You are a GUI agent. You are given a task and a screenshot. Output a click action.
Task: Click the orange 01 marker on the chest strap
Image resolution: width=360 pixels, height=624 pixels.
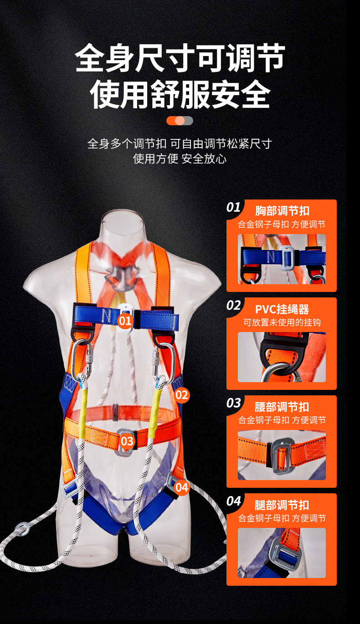(x=125, y=320)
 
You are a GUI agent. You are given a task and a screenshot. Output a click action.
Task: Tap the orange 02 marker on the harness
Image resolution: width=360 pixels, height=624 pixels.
(x=182, y=394)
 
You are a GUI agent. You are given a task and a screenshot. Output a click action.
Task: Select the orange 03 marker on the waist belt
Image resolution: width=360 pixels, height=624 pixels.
(x=127, y=440)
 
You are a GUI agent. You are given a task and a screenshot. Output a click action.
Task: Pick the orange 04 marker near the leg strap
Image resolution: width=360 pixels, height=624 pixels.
(x=181, y=487)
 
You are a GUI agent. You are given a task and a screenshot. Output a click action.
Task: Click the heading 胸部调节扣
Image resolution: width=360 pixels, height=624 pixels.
(x=282, y=211)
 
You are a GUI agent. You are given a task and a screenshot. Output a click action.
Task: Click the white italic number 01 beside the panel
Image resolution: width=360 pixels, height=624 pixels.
(x=233, y=208)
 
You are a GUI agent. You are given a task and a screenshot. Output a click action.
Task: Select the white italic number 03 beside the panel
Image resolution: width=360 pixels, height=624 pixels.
(x=233, y=403)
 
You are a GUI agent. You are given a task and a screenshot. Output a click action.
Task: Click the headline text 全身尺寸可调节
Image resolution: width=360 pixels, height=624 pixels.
(x=180, y=58)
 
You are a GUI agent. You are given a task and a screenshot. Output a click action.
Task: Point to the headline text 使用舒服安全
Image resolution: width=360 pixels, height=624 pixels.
(x=180, y=94)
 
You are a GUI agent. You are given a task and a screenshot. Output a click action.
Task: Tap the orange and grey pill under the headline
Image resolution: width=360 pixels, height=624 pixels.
(x=180, y=121)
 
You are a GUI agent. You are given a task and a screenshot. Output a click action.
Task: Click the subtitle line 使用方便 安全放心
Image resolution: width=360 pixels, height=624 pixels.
(x=180, y=159)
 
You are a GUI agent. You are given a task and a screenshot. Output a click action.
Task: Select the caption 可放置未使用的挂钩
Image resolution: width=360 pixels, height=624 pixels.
(x=282, y=322)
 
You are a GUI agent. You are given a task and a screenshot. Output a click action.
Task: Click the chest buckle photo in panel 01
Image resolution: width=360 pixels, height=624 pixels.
(x=282, y=259)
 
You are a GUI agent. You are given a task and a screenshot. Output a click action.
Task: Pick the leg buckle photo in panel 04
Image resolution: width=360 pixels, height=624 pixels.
(x=282, y=552)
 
